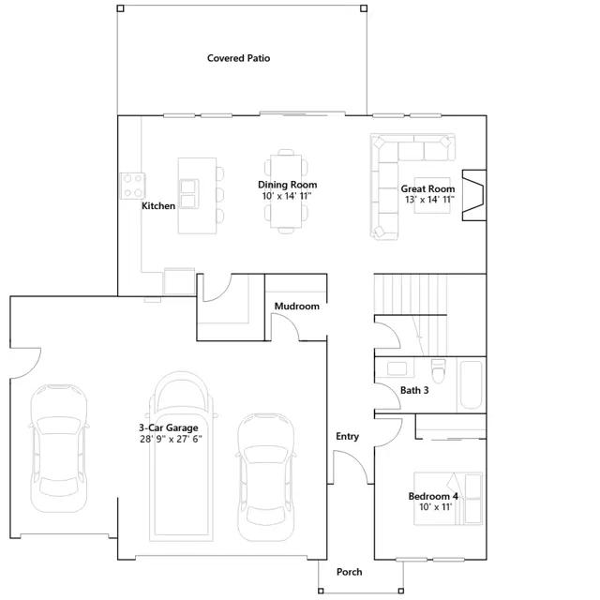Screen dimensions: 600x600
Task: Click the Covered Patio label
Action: pos(238,58)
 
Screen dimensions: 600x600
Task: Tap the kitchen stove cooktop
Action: pos(133,186)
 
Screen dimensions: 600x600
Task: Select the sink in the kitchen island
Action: pos(189,194)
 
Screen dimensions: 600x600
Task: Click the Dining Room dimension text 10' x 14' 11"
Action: pos(287,196)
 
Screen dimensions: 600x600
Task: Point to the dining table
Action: pos(286,191)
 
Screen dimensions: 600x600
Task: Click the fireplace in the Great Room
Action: pos(474,195)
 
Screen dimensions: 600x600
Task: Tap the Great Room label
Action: pos(427,188)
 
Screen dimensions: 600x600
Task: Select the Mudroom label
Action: pos(297,307)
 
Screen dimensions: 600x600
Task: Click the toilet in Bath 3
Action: pos(439,370)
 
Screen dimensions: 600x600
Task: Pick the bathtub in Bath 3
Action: pos(471,384)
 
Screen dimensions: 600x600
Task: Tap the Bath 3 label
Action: pos(414,390)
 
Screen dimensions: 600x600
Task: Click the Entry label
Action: pos(348,437)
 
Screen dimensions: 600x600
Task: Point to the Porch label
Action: pos(350,572)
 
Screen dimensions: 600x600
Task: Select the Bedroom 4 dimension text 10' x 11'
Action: pos(436,507)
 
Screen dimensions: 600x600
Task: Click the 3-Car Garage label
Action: pos(169,427)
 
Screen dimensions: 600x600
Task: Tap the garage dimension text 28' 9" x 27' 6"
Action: pos(171,439)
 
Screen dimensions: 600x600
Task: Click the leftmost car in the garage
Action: pos(58,448)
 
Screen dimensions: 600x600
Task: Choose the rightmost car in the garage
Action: pos(266,477)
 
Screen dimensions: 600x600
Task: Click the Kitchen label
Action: pos(158,206)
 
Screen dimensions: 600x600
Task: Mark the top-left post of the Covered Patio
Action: pos(120,8)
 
